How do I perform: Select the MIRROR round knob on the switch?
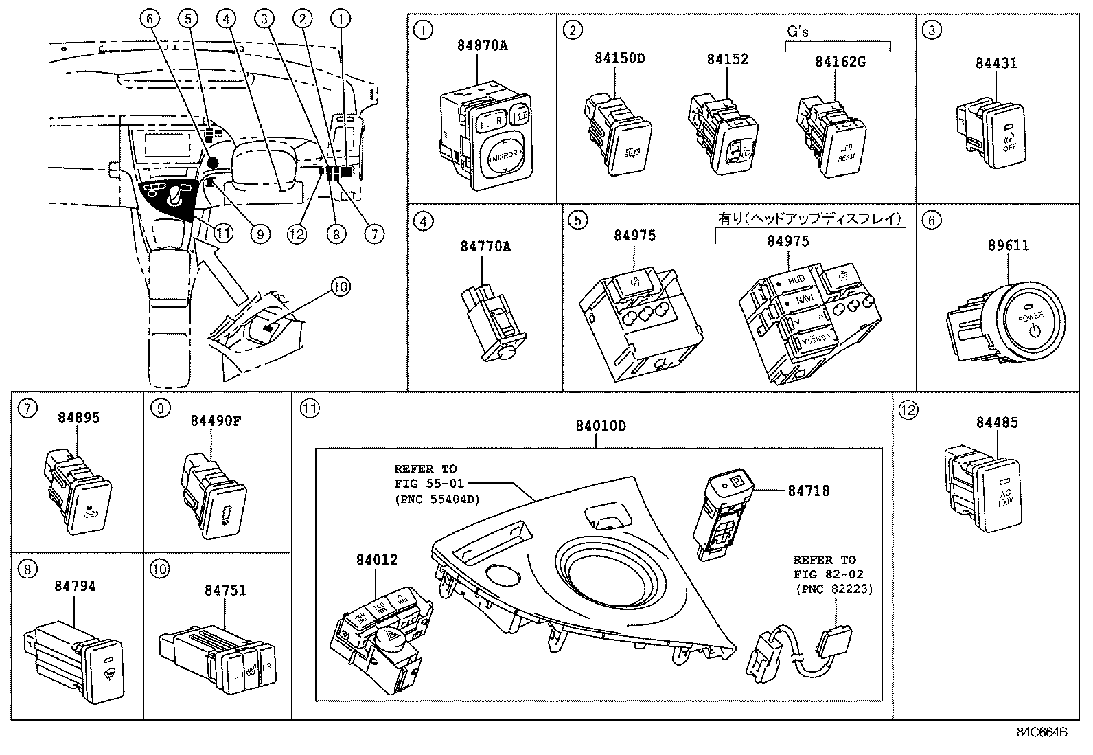pos(505,157)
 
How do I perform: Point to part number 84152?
pos(727,59)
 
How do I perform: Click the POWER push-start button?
pos(1031,323)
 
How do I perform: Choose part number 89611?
pos(1008,245)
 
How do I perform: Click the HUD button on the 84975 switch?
pos(795,280)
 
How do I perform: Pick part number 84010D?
pos(600,426)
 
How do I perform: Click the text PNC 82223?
pos(833,589)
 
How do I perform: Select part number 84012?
pos(376,561)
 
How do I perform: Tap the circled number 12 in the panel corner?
pos(908,410)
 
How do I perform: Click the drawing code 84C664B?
pos(1042,732)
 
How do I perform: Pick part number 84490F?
pos(216,421)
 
